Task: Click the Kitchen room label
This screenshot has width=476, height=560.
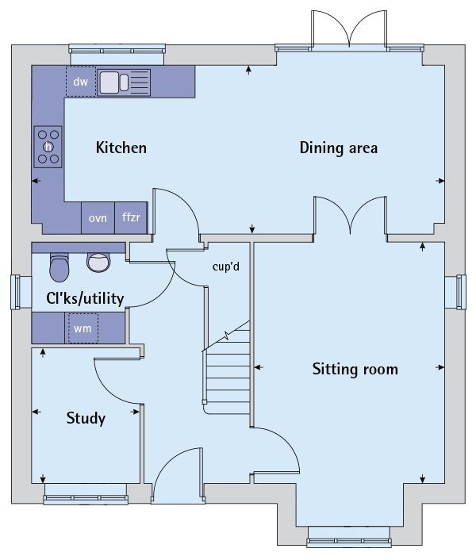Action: coord(121,148)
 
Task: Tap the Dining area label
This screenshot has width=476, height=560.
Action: coord(339,148)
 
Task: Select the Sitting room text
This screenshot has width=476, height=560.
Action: coord(355,369)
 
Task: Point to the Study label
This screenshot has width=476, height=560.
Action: coord(86,418)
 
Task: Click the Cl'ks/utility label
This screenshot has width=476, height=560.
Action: coord(85,298)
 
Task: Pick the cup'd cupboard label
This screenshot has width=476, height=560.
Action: coord(225,267)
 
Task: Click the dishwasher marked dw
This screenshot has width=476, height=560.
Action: coord(81,82)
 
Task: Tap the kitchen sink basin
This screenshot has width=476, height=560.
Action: coord(109,82)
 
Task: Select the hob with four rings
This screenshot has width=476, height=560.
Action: coord(48,147)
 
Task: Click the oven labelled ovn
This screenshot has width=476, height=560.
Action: coord(98,218)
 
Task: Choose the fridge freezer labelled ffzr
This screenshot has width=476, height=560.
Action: coord(131,218)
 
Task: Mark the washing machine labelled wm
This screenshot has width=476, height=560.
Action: coord(83,328)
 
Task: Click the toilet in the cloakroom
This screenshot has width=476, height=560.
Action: coord(59,268)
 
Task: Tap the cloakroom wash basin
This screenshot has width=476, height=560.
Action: coord(98,262)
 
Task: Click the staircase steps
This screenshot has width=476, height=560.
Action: coord(228,371)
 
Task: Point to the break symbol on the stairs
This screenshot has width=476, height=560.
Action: coord(226,336)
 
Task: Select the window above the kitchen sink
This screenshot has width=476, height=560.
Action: coord(117,54)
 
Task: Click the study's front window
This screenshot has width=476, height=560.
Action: coord(86,494)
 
